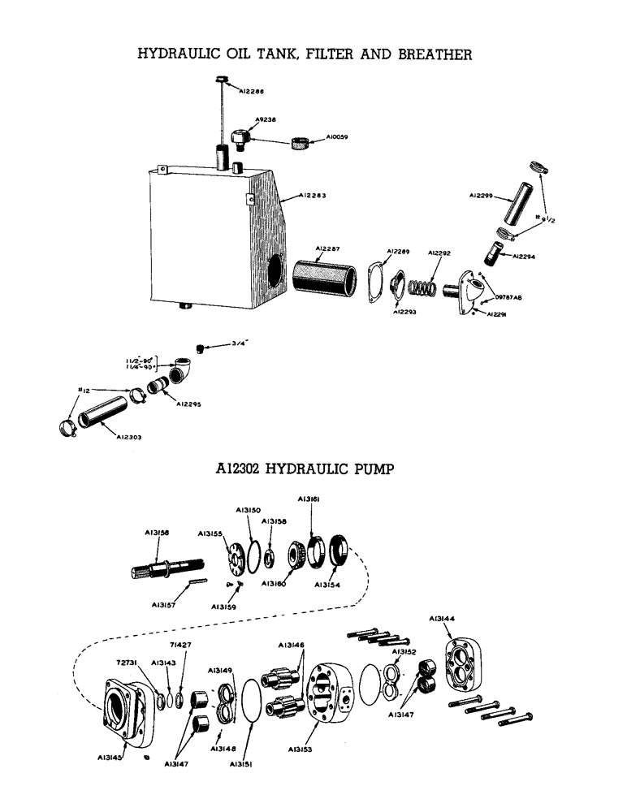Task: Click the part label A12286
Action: click(252, 93)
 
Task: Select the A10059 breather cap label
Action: click(337, 138)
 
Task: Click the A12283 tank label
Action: click(312, 196)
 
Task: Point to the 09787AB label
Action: click(508, 298)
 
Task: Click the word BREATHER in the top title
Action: click(430, 54)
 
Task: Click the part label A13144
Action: click(443, 619)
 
